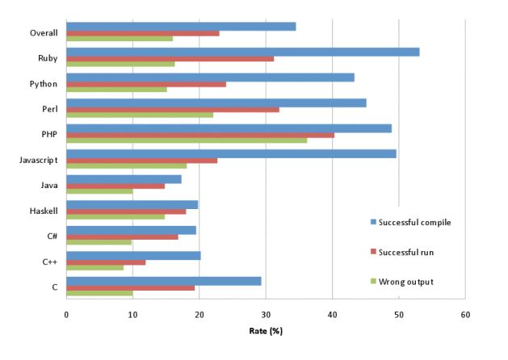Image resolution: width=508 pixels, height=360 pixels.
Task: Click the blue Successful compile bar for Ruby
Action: (242, 52)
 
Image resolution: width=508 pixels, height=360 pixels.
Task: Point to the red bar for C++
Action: (106, 262)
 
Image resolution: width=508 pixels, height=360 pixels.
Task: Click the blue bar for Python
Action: (210, 77)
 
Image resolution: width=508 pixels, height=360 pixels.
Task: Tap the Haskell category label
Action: (41, 211)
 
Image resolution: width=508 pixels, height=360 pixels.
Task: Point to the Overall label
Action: (41, 33)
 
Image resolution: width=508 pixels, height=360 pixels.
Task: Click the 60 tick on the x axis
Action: (464, 314)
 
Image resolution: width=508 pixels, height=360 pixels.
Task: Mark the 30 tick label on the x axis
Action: (266, 314)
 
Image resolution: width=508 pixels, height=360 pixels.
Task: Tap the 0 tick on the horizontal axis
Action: (66, 314)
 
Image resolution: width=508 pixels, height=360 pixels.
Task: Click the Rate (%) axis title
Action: (266, 331)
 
